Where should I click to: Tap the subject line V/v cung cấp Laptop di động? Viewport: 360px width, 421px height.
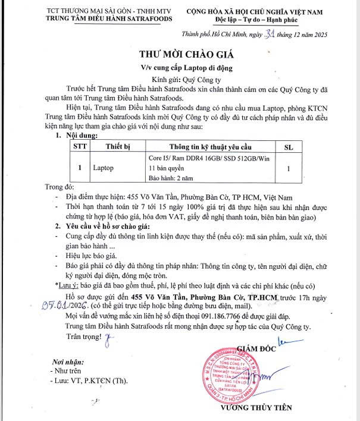coord(180,63)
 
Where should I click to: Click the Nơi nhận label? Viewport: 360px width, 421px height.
coord(65,362)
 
